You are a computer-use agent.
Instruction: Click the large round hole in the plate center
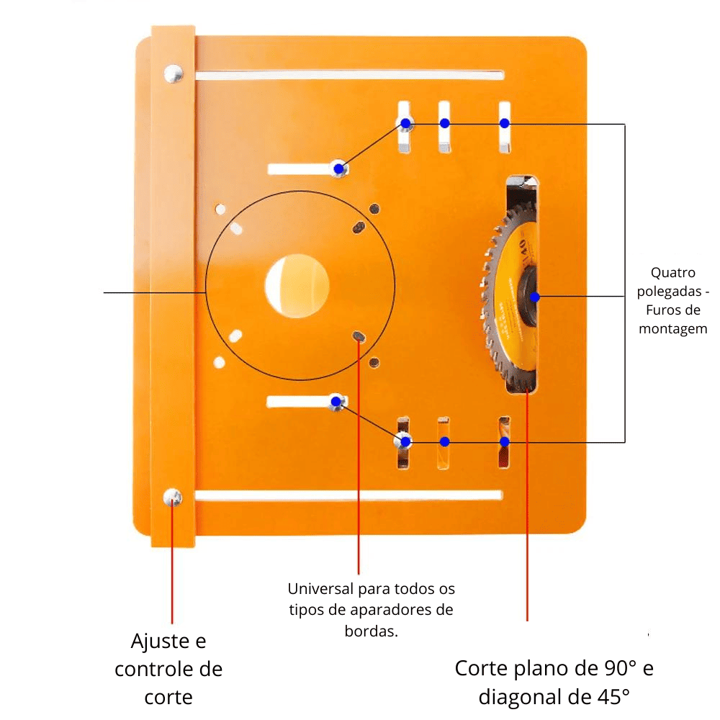(297, 286)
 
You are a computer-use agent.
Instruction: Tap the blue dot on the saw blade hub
(534, 297)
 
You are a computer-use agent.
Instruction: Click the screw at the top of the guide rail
(174, 73)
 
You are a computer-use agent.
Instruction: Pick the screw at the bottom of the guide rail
(173, 497)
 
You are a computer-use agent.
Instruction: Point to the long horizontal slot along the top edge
(349, 75)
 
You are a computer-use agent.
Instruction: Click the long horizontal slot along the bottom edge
(348, 495)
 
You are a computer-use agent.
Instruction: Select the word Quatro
(672, 273)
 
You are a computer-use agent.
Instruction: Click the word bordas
(371, 631)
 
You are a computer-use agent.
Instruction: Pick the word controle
(168, 669)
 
